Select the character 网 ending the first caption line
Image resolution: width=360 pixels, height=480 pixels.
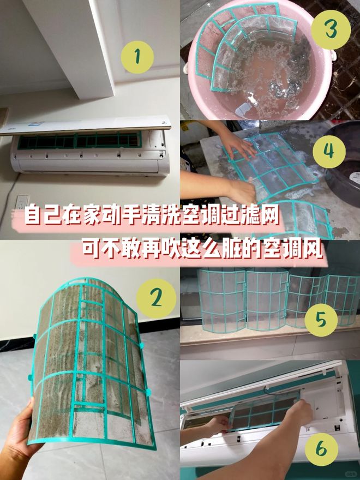pyautogui.click(x=267, y=217)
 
